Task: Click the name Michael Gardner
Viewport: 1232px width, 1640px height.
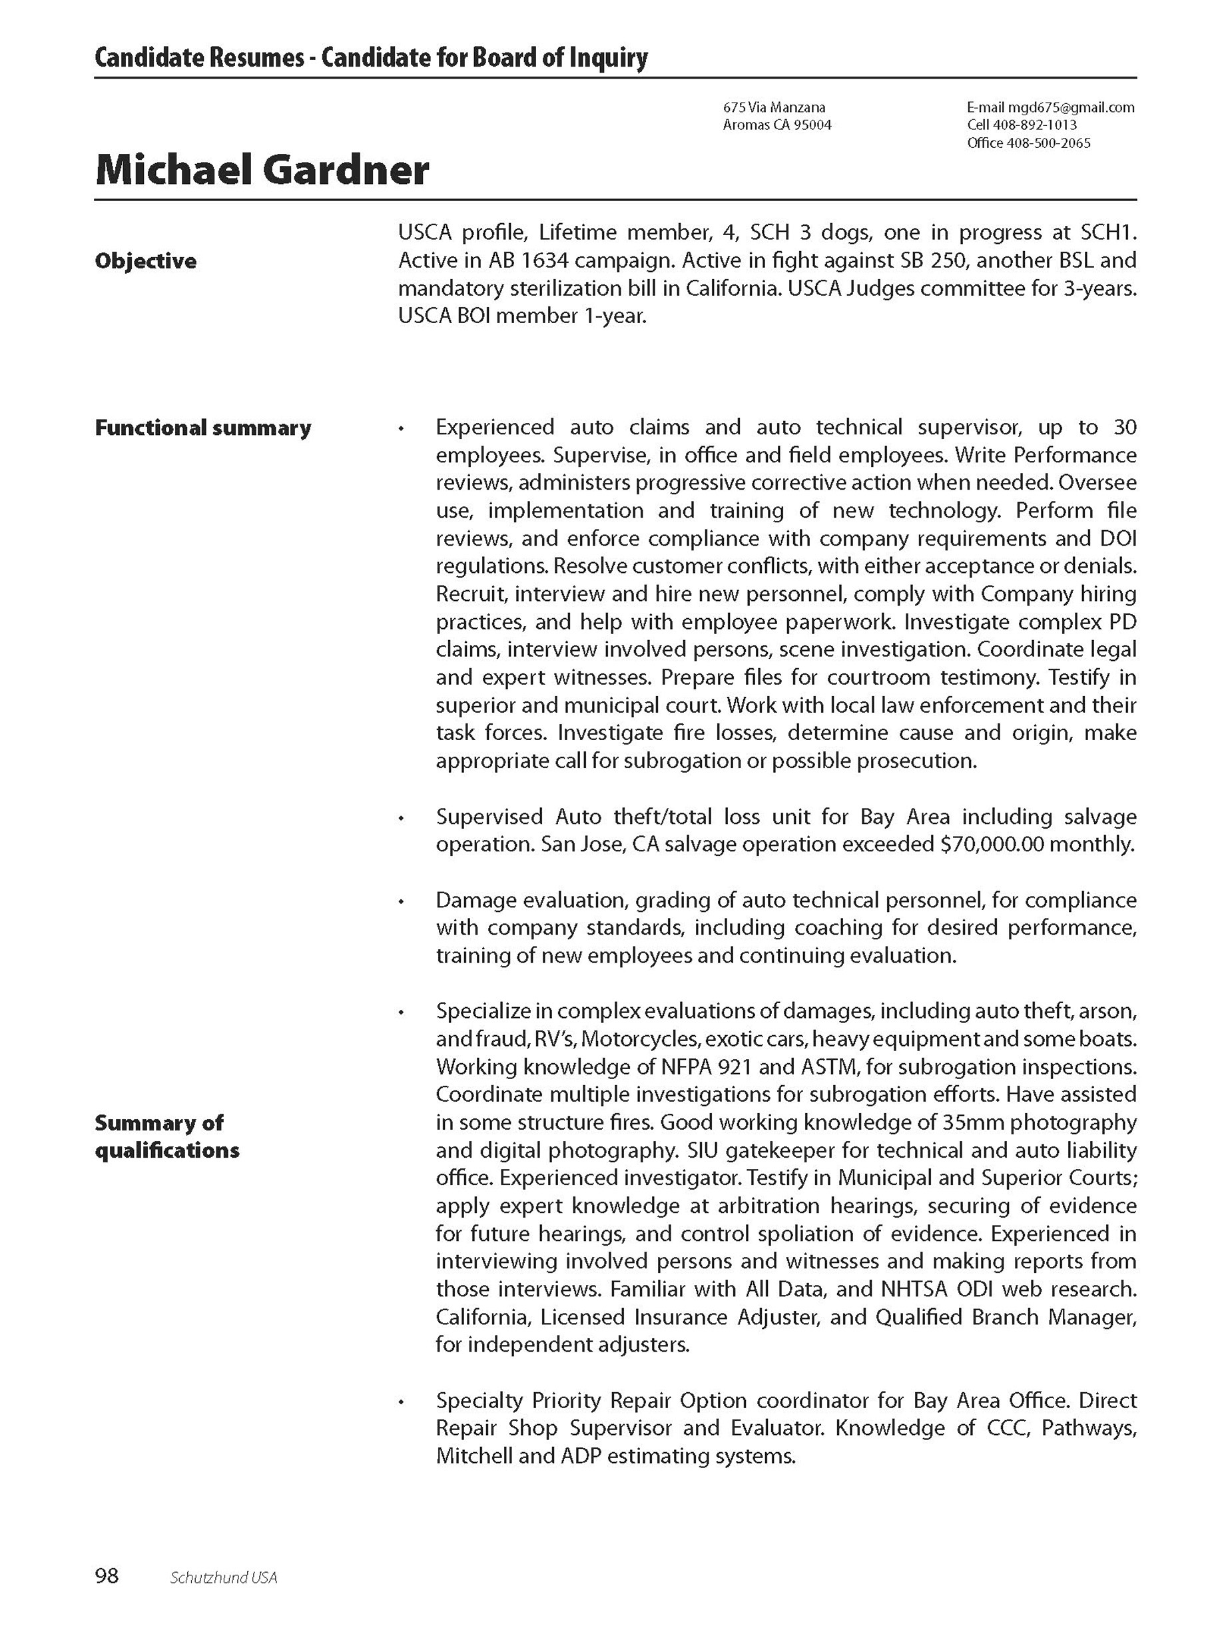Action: coord(262,170)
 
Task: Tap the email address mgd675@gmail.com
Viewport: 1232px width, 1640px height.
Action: coord(1071,107)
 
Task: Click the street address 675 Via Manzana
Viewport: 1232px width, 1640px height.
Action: coord(774,107)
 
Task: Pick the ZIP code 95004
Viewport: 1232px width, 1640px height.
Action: coord(813,125)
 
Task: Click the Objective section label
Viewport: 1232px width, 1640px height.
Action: coord(145,261)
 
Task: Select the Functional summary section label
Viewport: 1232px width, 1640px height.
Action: coord(202,428)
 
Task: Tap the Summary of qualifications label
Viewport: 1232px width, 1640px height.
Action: coord(166,1136)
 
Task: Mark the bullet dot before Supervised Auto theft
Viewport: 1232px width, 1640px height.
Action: coord(401,819)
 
